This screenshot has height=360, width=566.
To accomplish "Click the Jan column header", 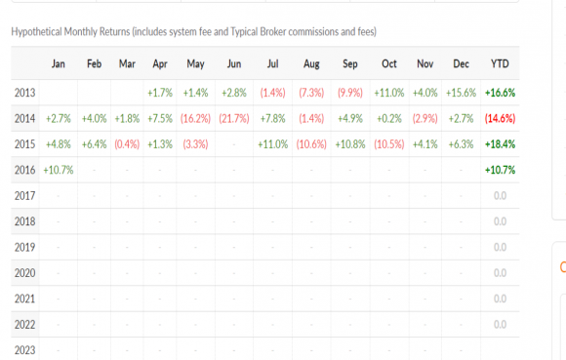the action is click(59, 63).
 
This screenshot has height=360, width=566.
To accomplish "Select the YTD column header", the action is click(500, 63).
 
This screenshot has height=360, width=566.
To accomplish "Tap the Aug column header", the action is click(311, 63).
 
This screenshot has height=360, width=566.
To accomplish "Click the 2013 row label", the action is click(25, 93).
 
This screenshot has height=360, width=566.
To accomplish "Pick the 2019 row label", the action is click(25, 247).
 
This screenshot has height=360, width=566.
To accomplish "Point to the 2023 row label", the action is click(25, 350).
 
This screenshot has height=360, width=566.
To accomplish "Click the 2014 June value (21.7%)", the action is click(234, 119).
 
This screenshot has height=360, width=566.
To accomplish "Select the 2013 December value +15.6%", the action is click(461, 93).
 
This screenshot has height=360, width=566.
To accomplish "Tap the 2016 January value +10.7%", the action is click(59, 170).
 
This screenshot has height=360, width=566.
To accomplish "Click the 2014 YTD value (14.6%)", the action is click(500, 119).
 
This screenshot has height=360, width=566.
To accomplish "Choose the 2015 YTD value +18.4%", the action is click(500, 144).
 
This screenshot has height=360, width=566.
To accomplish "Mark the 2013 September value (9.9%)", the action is click(349, 93).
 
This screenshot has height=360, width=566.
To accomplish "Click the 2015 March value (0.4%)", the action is click(127, 144).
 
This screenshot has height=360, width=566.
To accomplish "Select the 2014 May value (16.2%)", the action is click(195, 119).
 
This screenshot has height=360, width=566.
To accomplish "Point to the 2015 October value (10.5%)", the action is click(388, 144).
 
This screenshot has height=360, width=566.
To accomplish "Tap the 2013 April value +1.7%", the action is click(160, 93).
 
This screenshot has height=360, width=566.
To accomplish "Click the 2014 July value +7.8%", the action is click(272, 119).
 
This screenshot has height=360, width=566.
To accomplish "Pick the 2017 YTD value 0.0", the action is click(500, 195).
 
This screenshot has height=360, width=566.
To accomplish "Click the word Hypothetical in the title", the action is click(36, 32).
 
